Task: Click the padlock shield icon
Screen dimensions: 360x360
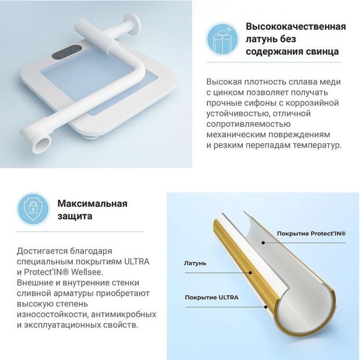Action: (33, 209)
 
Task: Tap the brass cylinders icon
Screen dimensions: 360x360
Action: (222, 37)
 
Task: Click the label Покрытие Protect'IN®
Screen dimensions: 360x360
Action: (311, 233)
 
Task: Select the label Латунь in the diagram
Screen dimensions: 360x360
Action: (195, 263)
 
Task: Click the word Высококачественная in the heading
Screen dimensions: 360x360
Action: (296, 26)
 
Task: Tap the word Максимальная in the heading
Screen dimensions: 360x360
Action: (92, 203)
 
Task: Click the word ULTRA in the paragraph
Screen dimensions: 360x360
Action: (137, 261)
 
